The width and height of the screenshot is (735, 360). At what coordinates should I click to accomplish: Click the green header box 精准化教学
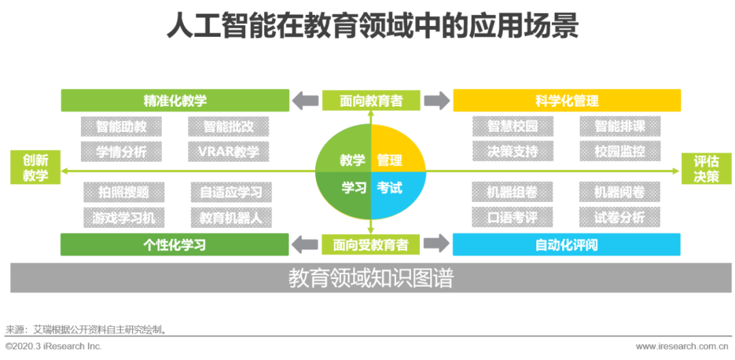point(175,101)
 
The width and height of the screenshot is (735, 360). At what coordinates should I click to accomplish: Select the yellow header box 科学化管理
point(567,101)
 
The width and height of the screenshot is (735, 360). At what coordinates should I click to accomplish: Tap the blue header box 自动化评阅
point(567,244)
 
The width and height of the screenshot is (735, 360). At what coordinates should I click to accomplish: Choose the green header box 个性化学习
point(175,244)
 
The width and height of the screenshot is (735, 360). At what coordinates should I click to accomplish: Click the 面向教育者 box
point(372,101)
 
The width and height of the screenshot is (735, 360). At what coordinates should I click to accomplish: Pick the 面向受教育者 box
point(372,244)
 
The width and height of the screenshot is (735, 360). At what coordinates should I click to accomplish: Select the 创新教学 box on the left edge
point(35,168)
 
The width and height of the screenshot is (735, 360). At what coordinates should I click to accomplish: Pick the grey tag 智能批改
point(228,127)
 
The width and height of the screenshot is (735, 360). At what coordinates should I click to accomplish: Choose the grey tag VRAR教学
point(228,151)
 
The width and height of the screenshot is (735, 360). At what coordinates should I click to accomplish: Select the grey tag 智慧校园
point(512,127)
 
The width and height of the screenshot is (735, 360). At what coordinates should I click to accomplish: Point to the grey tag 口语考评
point(512,217)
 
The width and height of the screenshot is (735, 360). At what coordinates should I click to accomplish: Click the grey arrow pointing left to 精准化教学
point(305,101)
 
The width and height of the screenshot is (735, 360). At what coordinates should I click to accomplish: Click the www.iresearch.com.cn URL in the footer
point(685,346)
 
